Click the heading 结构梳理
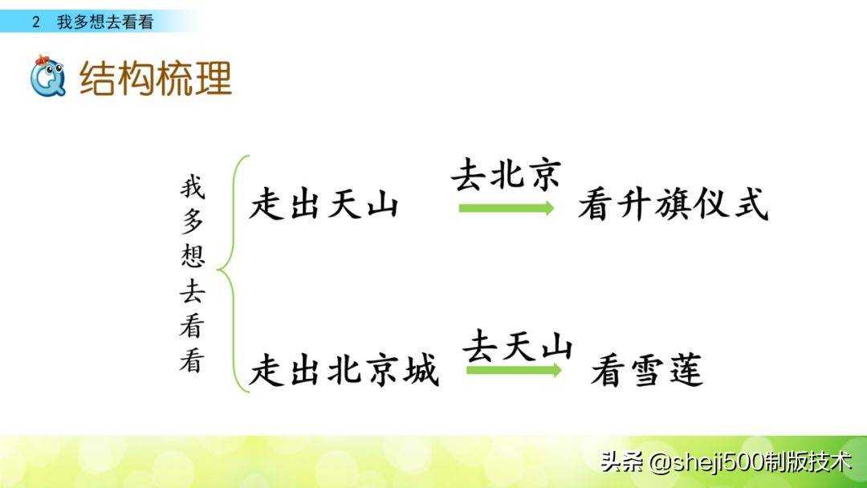pyautogui.click(x=156, y=78)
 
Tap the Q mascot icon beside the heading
pyautogui.click(x=46, y=76)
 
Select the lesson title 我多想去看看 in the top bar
pyautogui.click(x=104, y=22)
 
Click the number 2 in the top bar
pyautogui.click(x=36, y=22)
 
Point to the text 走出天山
pyautogui.click(x=324, y=205)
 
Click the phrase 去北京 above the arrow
pyautogui.click(x=506, y=175)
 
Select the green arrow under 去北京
pyautogui.click(x=506, y=208)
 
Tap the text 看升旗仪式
pyautogui.click(x=673, y=205)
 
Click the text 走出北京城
pyautogui.click(x=344, y=371)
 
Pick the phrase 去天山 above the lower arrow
pyautogui.click(x=518, y=347)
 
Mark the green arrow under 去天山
pyautogui.click(x=514, y=370)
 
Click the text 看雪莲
pyautogui.click(x=647, y=371)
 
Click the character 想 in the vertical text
pyautogui.click(x=192, y=255)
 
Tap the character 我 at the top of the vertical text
pyautogui.click(x=192, y=189)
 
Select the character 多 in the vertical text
pyautogui.click(x=192, y=222)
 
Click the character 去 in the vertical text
pyautogui.click(x=192, y=291)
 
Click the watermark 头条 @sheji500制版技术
pyautogui.click(x=725, y=462)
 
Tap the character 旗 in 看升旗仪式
pyautogui.click(x=672, y=205)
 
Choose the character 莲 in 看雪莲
pyautogui.click(x=685, y=371)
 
